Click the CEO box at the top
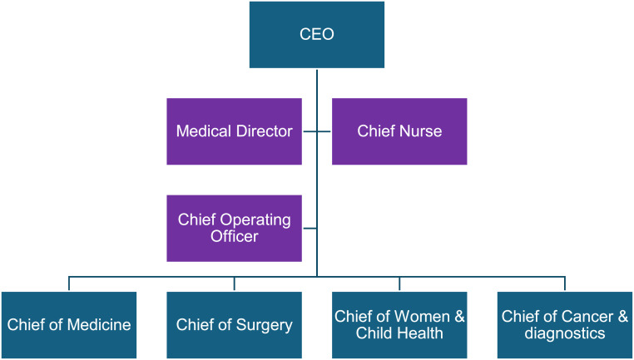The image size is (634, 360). tap(316, 34)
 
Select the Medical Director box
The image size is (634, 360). tap(234, 131)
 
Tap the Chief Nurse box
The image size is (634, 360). tap(399, 131)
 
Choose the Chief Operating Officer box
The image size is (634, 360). tap(234, 228)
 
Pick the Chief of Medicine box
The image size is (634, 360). tap(69, 325)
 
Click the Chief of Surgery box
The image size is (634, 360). tap(234, 325)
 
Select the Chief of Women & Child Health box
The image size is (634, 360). tap(399, 325)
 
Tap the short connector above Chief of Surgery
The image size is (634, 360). tap(234, 284)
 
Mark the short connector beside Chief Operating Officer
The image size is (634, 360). tap(309, 228)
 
